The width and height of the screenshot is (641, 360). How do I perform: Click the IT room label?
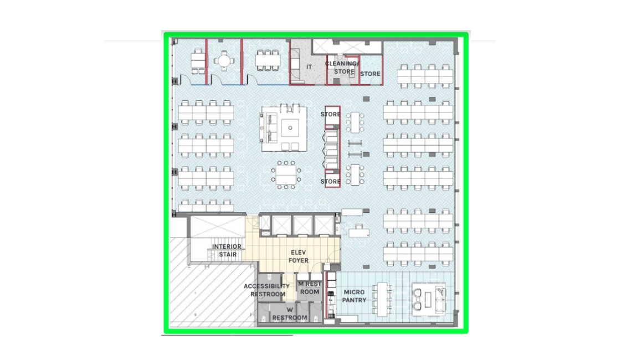point(309,66)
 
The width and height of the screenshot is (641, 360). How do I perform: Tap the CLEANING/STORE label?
point(342,68)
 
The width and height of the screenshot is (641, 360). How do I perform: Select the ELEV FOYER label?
point(299,256)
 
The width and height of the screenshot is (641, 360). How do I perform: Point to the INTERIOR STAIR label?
point(227,250)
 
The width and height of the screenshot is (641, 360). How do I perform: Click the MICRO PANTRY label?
point(354,296)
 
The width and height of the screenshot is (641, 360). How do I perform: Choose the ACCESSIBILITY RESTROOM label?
point(267,290)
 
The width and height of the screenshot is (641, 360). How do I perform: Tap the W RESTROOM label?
point(289,314)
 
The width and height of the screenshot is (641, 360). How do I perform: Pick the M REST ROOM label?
point(310,287)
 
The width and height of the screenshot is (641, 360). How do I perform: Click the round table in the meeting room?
point(224,61)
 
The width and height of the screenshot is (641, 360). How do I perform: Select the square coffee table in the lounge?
point(290,128)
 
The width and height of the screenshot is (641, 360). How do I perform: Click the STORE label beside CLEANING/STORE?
point(371,74)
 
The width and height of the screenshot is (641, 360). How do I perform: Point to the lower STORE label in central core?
point(330,182)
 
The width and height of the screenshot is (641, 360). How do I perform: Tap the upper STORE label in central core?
point(330,114)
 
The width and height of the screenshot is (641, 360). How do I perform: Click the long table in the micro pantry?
point(382,299)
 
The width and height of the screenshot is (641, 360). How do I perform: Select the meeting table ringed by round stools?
point(286,175)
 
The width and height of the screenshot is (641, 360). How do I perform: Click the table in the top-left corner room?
point(198,61)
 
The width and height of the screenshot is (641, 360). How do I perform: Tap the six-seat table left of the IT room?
point(268,61)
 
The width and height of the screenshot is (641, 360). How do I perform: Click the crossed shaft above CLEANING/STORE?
point(347,47)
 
